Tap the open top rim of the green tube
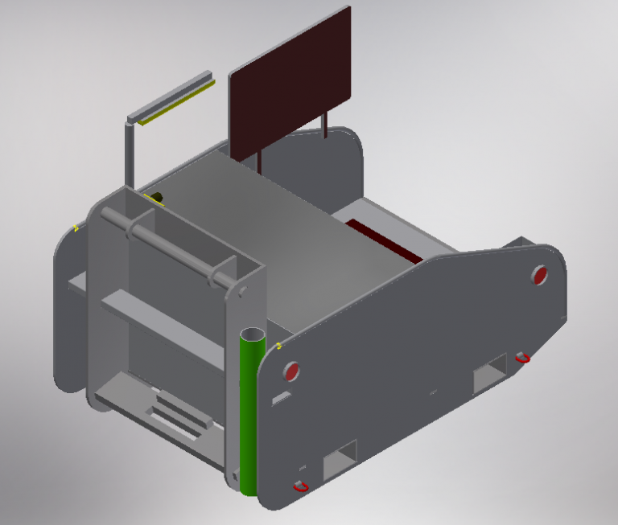pos(253,334)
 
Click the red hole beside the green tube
pos(291,371)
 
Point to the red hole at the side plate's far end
pos(540,275)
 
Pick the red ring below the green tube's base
pos(301,486)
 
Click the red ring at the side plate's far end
pos(522,357)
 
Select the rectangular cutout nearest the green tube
pos(339,460)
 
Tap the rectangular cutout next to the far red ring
pos(489,374)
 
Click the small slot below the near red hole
pos(282,397)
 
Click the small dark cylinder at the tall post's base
pos(157,197)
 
